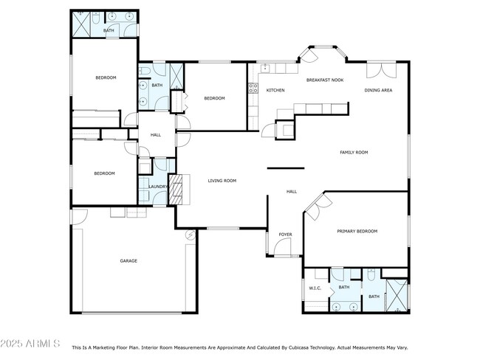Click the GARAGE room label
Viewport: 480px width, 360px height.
click(129, 260)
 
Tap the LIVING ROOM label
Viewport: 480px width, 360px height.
click(222, 180)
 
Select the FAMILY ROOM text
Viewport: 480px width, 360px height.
click(354, 153)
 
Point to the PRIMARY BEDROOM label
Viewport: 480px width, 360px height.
click(357, 231)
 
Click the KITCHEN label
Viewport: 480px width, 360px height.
click(275, 90)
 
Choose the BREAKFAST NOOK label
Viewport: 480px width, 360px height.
click(325, 80)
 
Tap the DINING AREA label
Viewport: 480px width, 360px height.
click(378, 90)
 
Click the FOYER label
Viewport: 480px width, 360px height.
click(285, 235)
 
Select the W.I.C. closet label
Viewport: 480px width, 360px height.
click(315, 288)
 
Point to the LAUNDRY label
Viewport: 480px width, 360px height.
click(157, 187)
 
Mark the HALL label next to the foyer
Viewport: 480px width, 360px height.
click(292, 192)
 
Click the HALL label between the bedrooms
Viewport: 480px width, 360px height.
click(156, 135)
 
